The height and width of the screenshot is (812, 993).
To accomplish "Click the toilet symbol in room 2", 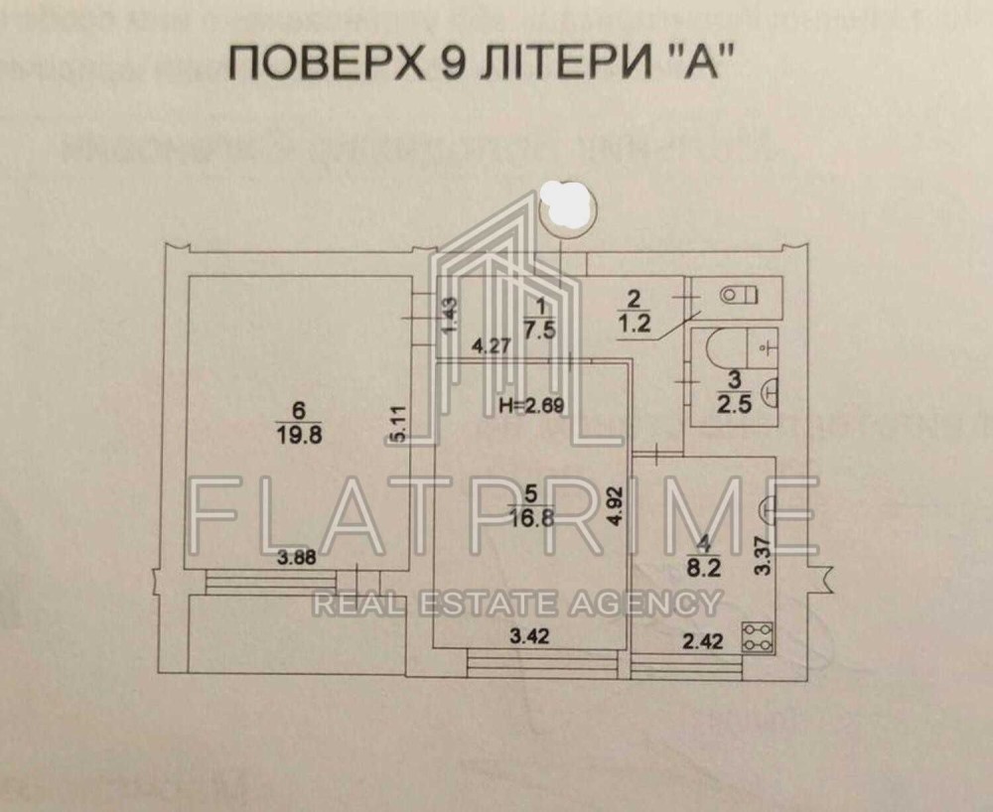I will [739, 294].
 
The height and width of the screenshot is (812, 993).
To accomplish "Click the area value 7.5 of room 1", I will [541, 333].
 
